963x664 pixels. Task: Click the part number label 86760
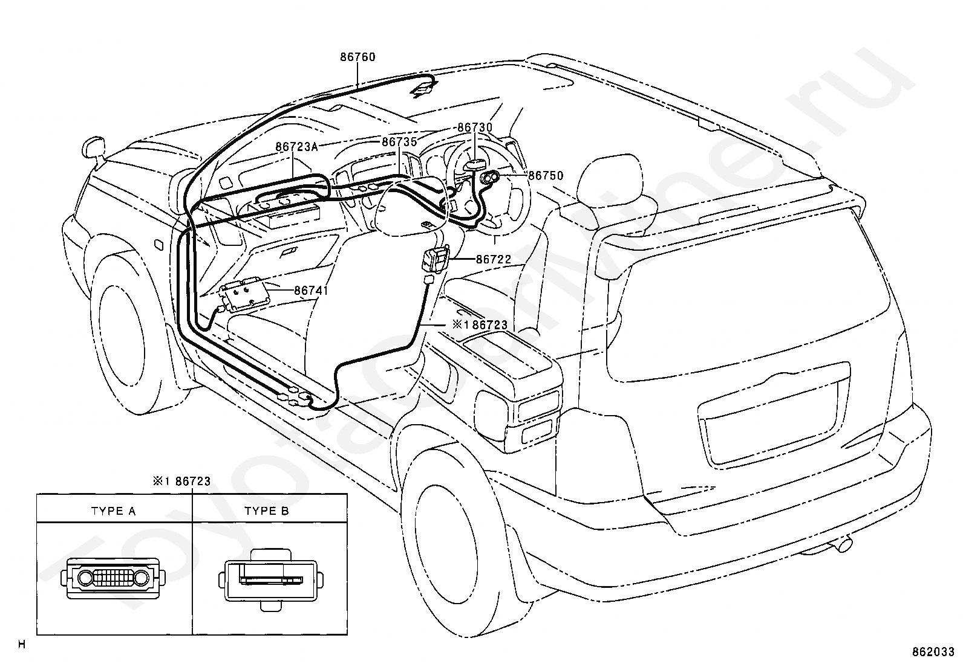[x=357, y=57]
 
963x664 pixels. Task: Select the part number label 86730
[x=475, y=127]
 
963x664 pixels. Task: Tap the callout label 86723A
[x=296, y=147]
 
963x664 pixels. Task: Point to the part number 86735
[x=399, y=142]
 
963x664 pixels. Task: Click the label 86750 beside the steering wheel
[x=546, y=175]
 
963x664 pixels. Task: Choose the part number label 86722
[x=494, y=259]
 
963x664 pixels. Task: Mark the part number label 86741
[x=312, y=291]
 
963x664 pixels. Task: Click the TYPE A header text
[x=114, y=511]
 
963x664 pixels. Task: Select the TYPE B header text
[x=267, y=511]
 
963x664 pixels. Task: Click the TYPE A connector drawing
[x=114, y=579]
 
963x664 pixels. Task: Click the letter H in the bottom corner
[x=22, y=645]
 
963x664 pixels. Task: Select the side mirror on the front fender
[x=93, y=148]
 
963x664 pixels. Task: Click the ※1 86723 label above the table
[x=182, y=481]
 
